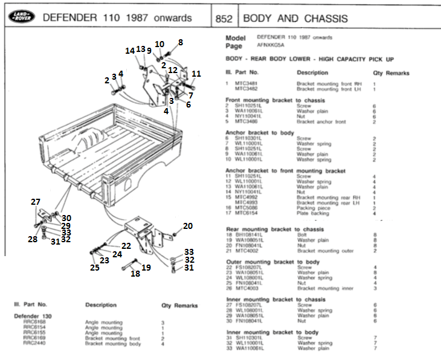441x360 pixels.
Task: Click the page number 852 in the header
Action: (x=224, y=19)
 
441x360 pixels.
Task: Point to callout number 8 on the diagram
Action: (x=180, y=42)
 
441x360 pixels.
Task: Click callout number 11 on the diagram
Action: (x=196, y=74)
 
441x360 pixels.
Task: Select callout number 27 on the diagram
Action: (x=36, y=202)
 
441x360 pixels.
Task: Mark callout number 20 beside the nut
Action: (x=188, y=225)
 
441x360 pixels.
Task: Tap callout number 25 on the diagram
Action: (x=95, y=267)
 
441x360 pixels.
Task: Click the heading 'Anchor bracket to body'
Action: (x=260, y=132)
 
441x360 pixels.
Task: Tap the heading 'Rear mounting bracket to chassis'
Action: (x=275, y=230)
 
